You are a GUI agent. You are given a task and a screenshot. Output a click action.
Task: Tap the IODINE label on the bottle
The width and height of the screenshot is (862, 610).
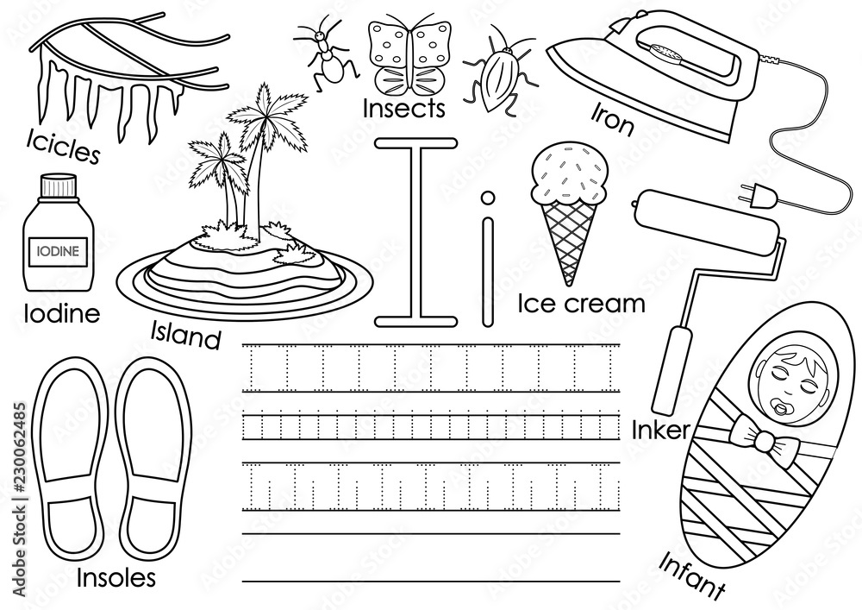[57, 252]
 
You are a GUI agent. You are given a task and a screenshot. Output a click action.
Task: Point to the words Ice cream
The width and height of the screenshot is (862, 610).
[581, 304]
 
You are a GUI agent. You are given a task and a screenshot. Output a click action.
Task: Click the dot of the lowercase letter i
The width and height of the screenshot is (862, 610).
[487, 198]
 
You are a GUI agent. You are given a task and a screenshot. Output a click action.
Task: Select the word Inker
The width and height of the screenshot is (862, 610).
[659, 431]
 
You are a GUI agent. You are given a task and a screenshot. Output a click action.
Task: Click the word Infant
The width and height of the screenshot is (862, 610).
[691, 574]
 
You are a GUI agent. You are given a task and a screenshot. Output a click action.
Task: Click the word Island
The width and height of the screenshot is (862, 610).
[186, 335]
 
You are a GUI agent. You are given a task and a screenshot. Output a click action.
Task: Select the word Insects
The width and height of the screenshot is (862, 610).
[403, 109]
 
